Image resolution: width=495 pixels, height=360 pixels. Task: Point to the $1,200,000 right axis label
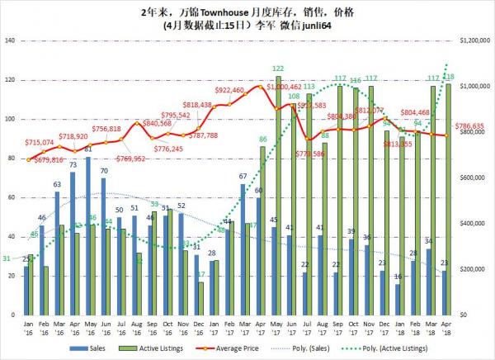pos(469,40)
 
